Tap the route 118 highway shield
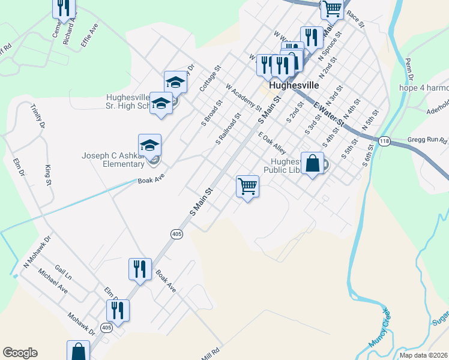(384, 141)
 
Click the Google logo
(20, 353)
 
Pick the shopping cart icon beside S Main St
(247, 187)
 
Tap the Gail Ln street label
(63, 274)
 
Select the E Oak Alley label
(272, 142)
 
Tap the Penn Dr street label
(410, 70)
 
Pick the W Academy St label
(244, 97)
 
